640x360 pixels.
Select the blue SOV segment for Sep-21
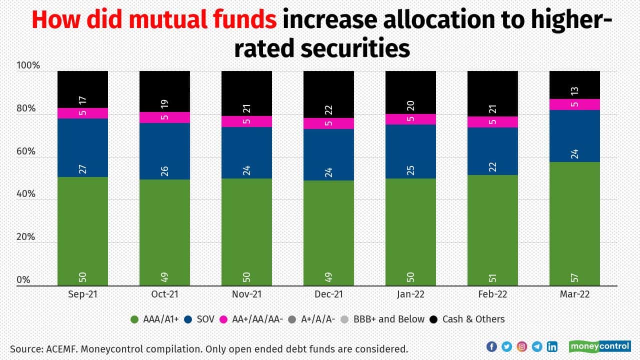(x=82, y=147)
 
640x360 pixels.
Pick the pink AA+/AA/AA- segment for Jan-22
(x=410, y=119)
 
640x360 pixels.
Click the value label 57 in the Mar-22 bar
(x=574, y=277)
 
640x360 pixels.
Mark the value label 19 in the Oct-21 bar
(x=164, y=104)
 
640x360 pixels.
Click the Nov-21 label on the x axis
(x=246, y=294)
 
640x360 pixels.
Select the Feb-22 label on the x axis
(x=492, y=294)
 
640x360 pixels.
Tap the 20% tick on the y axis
(x=25, y=237)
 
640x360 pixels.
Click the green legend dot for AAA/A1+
(x=134, y=319)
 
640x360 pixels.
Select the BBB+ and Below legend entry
(x=383, y=319)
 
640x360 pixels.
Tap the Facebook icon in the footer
(x=491, y=346)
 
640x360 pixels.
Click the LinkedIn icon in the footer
(x=552, y=346)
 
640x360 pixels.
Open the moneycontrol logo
(x=599, y=346)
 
